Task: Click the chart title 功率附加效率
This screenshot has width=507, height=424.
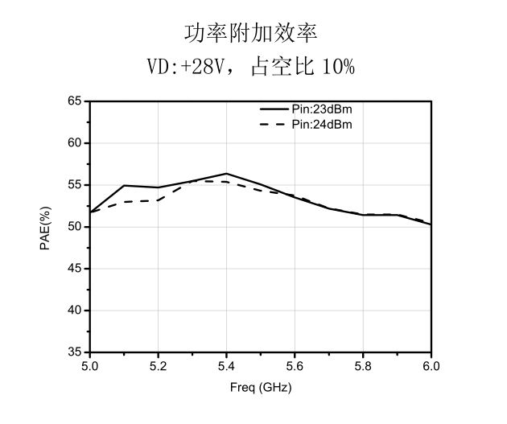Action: pos(251,33)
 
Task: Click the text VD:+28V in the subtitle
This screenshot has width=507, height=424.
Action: pos(186,67)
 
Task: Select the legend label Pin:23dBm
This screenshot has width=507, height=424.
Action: pos(322,109)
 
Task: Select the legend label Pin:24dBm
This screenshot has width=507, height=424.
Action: pos(322,125)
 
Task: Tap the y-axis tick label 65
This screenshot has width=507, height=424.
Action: pos(74,101)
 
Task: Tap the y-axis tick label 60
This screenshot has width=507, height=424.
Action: pos(74,143)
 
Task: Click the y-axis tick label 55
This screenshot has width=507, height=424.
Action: pos(74,185)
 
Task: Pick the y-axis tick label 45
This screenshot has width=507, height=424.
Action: pos(74,269)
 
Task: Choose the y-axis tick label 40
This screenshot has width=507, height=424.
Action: pos(74,311)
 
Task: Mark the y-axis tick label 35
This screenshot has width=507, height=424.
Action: pos(74,352)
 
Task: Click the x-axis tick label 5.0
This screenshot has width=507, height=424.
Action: pos(90,367)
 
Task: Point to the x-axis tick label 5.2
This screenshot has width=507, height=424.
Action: pos(158,367)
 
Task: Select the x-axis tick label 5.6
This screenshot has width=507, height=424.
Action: pos(295,367)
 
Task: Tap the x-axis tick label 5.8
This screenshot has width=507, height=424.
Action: pos(363,367)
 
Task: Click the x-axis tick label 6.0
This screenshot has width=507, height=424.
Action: pos(431,367)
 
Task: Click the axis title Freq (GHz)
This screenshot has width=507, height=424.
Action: pos(261,387)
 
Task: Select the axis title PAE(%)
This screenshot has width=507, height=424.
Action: pos(45,228)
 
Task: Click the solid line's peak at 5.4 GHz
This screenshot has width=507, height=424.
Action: pos(226,174)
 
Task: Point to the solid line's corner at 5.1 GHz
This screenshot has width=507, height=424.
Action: pos(124,186)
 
